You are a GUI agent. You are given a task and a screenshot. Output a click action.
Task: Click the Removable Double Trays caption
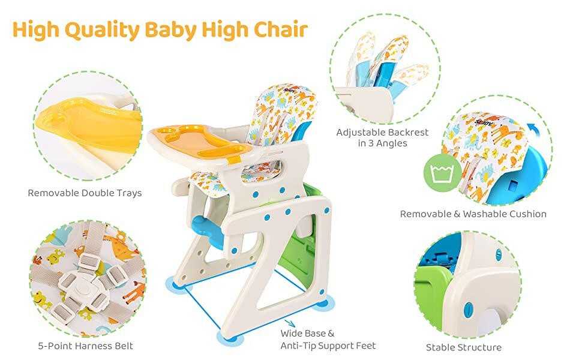pyautogui.click(x=85, y=193)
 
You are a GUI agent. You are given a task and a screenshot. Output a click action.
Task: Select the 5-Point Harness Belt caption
pyautogui.click(x=84, y=346)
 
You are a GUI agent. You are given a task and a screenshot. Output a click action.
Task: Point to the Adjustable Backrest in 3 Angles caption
pyautogui.click(x=382, y=138)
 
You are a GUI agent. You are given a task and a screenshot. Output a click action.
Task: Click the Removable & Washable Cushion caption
pyautogui.click(x=473, y=214)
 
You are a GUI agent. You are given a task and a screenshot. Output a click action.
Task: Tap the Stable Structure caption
pyautogui.click(x=464, y=347)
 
